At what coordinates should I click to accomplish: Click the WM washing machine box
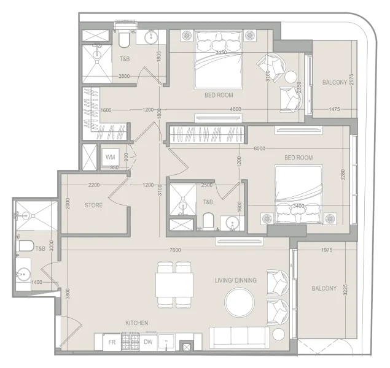(x=111, y=157)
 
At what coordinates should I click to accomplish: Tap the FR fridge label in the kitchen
(x=112, y=342)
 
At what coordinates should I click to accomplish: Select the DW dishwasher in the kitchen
(x=148, y=342)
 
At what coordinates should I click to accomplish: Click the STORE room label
(x=93, y=205)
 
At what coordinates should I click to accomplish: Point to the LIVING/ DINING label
(x=235, y=280)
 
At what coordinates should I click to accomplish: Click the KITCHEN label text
(x=136, y=323)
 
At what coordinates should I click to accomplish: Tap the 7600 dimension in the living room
(x=175, y=250)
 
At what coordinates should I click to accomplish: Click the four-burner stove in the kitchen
(x=131, y=342)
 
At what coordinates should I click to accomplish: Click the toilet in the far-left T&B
(x=25, y=246)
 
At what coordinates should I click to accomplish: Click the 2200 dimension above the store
(x=94, y=185)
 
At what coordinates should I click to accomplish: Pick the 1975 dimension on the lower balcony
(x=327, y=250)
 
